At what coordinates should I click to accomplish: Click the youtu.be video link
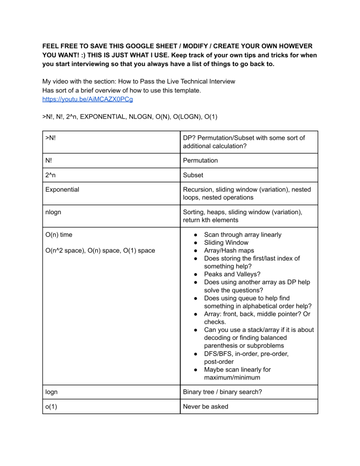81,99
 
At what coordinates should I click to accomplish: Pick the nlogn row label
54,212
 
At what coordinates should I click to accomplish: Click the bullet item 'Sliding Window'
226,242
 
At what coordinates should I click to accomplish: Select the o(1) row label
52,406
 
